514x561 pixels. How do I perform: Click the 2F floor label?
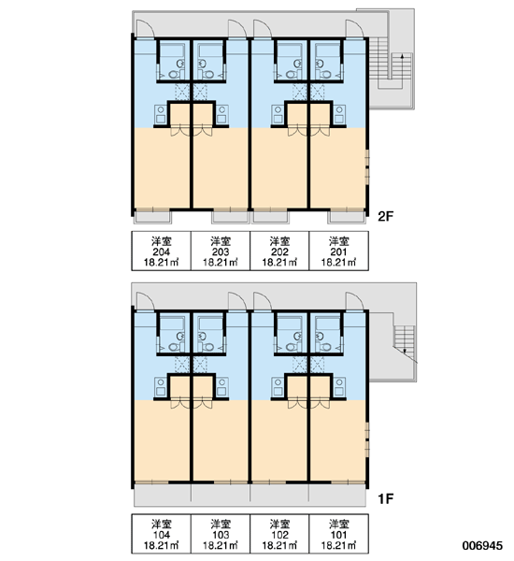tap(385, 216)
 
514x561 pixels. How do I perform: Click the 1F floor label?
tap(386, 498)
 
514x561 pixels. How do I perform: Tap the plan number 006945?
tap(482, 545)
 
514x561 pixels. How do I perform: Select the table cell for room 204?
tap(162, 251)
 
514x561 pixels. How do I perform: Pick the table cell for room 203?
tap(221, 251)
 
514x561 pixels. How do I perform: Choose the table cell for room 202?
tap(279, 251)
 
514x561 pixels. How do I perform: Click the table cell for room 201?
tap(338, 251)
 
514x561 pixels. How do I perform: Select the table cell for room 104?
tap(162, 534)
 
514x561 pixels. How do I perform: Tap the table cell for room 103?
tap(221, 534)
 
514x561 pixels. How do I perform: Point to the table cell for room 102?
tap(279, 534)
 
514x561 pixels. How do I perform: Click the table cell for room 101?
tap(338, 534)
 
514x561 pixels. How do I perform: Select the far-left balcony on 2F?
tap(152, 217)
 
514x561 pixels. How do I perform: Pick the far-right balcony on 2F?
tap(347, 217)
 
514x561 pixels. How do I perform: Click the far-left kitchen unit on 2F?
tap(161, 115)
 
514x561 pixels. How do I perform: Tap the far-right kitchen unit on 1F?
tap(339, 387)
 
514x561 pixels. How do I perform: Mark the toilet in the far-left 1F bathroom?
tap(174, 347)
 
